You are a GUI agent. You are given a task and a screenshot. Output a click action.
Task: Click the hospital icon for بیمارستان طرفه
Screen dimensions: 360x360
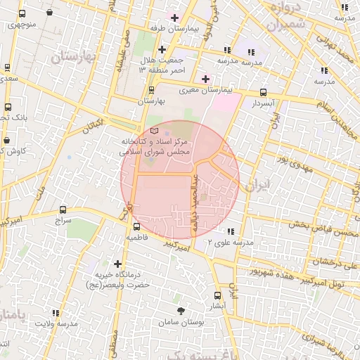174,17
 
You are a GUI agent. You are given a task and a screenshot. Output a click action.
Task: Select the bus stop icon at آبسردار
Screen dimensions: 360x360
264,92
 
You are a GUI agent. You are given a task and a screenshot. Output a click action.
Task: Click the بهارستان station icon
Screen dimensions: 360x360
151,90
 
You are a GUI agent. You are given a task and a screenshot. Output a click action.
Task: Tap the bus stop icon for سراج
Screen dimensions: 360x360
63,210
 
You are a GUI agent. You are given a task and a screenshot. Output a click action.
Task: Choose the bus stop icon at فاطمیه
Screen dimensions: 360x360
137,226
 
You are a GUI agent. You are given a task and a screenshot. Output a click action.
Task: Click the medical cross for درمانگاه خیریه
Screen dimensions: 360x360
117,264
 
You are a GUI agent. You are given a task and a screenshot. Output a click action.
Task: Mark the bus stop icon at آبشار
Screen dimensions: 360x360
217,295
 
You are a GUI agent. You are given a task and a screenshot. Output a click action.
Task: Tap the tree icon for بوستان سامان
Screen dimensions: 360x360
181,310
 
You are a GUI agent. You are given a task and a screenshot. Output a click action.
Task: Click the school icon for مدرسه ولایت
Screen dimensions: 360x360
56,314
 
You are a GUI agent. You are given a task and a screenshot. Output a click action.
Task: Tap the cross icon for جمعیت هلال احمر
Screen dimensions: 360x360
162,49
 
